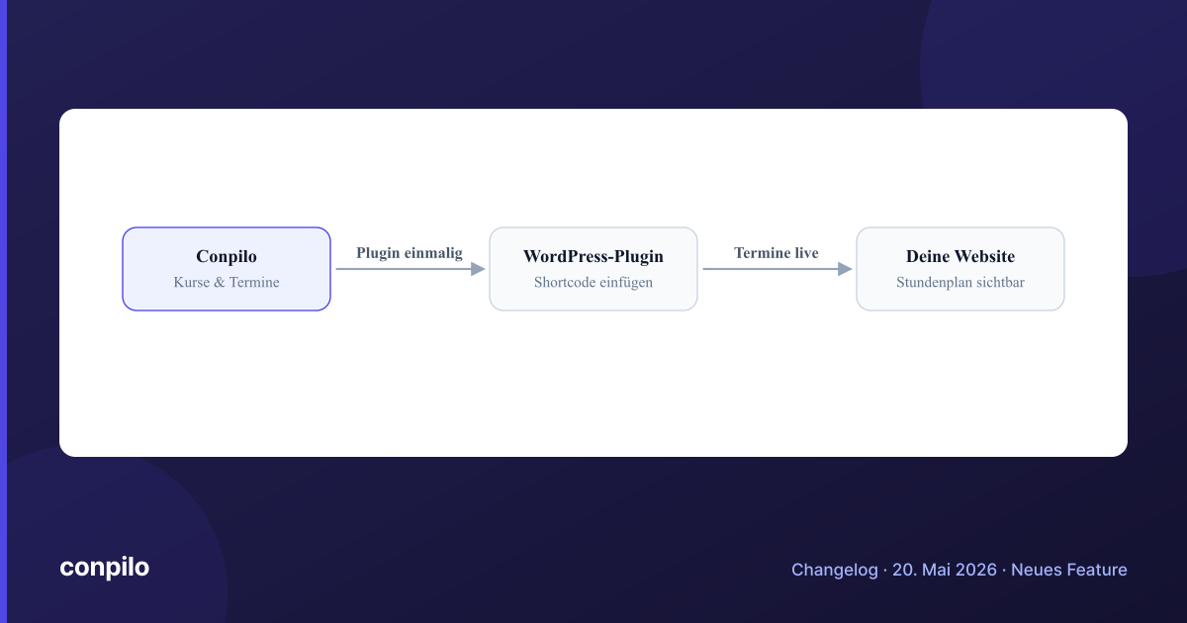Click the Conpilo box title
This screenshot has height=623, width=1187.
[227, 257]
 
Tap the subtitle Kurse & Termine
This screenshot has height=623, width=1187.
[227, 283]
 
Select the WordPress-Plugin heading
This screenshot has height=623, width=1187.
[593, 256]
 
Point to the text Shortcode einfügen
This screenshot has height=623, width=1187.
[593, 283]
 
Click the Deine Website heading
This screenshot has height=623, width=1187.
[960, 256]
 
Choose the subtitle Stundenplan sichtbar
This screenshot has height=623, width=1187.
[960, 283]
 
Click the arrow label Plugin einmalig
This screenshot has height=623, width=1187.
[410, 254]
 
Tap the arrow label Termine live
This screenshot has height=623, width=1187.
[776, 253]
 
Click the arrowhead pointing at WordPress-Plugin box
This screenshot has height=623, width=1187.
[478, 269]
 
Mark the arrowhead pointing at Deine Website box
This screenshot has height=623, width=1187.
[845, 269]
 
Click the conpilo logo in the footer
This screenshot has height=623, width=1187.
[105, 568]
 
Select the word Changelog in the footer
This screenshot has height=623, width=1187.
[835, 570]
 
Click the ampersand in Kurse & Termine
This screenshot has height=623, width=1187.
[220, 283]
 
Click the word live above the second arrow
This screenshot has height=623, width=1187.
[806, 253]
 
